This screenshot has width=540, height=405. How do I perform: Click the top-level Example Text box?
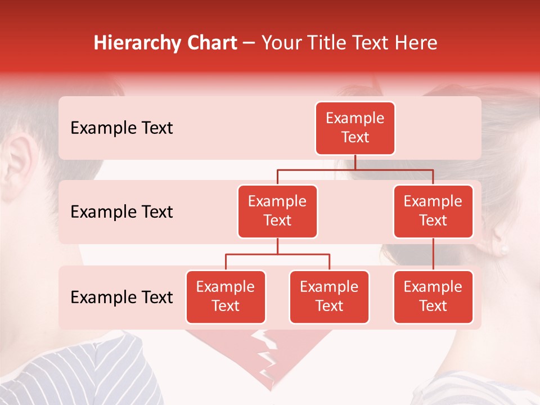tap(355, 128)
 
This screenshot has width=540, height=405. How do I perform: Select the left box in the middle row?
tap(277, 211)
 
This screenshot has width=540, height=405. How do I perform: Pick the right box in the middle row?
tap(433, 211)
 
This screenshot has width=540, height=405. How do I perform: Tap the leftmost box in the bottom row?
tap(226, 297)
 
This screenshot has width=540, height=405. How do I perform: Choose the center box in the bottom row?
tap(329, 297)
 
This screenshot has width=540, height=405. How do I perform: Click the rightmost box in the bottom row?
tap(433, 297)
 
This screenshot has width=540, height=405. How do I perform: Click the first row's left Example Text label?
tap(121, 128)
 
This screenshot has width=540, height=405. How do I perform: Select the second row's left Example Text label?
tap(121, 212)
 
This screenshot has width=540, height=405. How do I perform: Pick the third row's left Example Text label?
tap(121, 297)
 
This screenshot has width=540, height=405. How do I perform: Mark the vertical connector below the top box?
tap(355, 162)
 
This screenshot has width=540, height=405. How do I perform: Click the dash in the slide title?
tap(249, 44)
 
